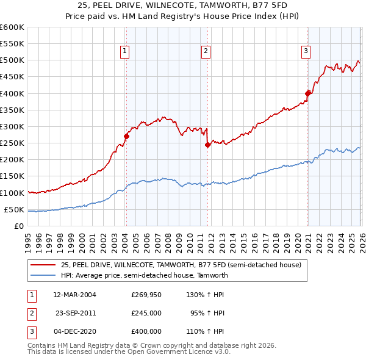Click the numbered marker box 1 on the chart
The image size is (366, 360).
(124, 52)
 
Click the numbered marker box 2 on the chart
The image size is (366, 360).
(206, 52)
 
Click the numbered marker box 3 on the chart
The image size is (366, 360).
(305, 52)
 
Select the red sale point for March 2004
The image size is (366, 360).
(126, 136)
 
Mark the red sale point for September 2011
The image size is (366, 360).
(207, 145)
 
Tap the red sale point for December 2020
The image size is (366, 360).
(308, 93)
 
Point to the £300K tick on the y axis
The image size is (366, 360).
(12, 126)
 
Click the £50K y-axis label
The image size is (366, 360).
(14, 209)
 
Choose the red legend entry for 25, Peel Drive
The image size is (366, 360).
(181, 265)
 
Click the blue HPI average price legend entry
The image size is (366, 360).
(144, 275)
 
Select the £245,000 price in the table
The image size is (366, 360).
(146, 313)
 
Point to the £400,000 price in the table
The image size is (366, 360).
(146, 331)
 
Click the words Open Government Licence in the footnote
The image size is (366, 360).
(168, 352)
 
